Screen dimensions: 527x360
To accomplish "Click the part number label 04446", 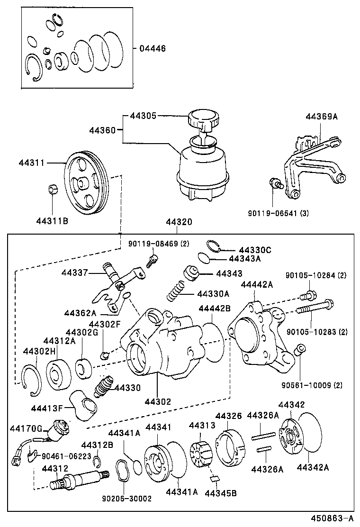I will pos(153,48).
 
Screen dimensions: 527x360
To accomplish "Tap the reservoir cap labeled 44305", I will pos(202,118).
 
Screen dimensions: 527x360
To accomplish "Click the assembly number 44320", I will pos(179,222).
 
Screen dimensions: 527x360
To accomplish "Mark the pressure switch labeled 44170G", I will pos(62,427).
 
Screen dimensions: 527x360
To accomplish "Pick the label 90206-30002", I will pos(127,499).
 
